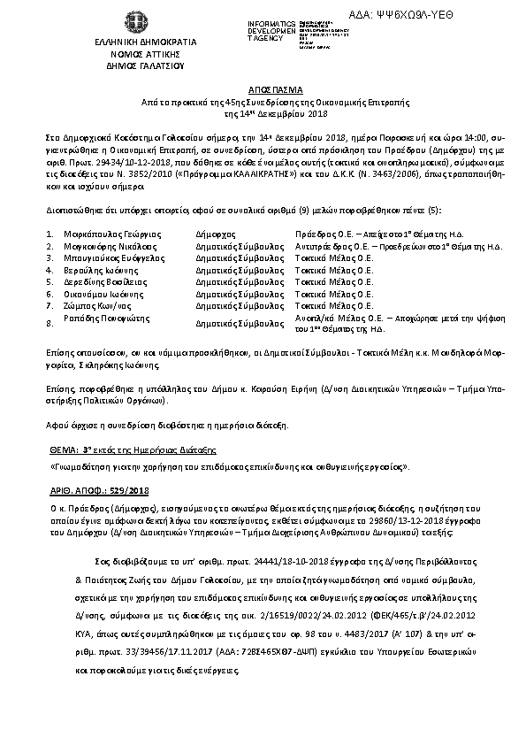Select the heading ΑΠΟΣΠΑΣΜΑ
tap(263, 89)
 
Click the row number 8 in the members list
tap(50, 324)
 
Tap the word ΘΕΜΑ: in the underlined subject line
tap(61, 449)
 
